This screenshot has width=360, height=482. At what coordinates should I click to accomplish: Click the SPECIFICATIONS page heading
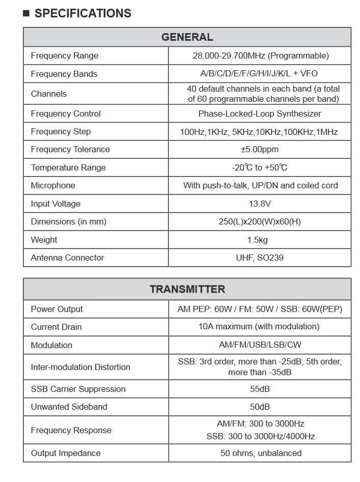[82, 13]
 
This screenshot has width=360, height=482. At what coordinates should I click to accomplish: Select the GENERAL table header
[187, 37]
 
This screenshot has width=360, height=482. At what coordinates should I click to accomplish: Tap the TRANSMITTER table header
[187, 289]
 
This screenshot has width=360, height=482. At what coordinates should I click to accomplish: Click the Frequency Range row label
[65, 55]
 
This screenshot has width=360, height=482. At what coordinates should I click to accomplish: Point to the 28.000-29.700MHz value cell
[260, 55]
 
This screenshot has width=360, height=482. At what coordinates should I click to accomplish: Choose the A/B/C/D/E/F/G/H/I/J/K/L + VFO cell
[259, 74]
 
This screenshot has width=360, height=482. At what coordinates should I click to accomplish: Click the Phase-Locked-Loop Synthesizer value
[260, 114]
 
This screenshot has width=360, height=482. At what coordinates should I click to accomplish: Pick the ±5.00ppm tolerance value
[260, 149]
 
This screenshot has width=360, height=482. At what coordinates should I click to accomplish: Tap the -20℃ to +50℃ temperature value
[260, 167]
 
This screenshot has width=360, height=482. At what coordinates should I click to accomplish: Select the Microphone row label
[53, 185]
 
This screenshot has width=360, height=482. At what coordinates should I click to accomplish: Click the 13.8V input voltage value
[260, 204]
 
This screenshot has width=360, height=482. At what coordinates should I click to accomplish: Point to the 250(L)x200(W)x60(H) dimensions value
[260, 221]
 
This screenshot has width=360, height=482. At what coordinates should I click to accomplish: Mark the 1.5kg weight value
[260, 240]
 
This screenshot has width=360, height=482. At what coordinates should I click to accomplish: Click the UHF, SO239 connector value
[260, 258]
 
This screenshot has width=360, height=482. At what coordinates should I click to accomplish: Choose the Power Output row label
[57, 309]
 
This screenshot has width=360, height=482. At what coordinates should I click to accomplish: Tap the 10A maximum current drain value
[259, 326]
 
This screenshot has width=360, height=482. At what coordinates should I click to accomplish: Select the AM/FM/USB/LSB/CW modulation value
[260, 345]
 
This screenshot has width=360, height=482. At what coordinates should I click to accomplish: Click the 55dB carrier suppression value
[260, 389]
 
